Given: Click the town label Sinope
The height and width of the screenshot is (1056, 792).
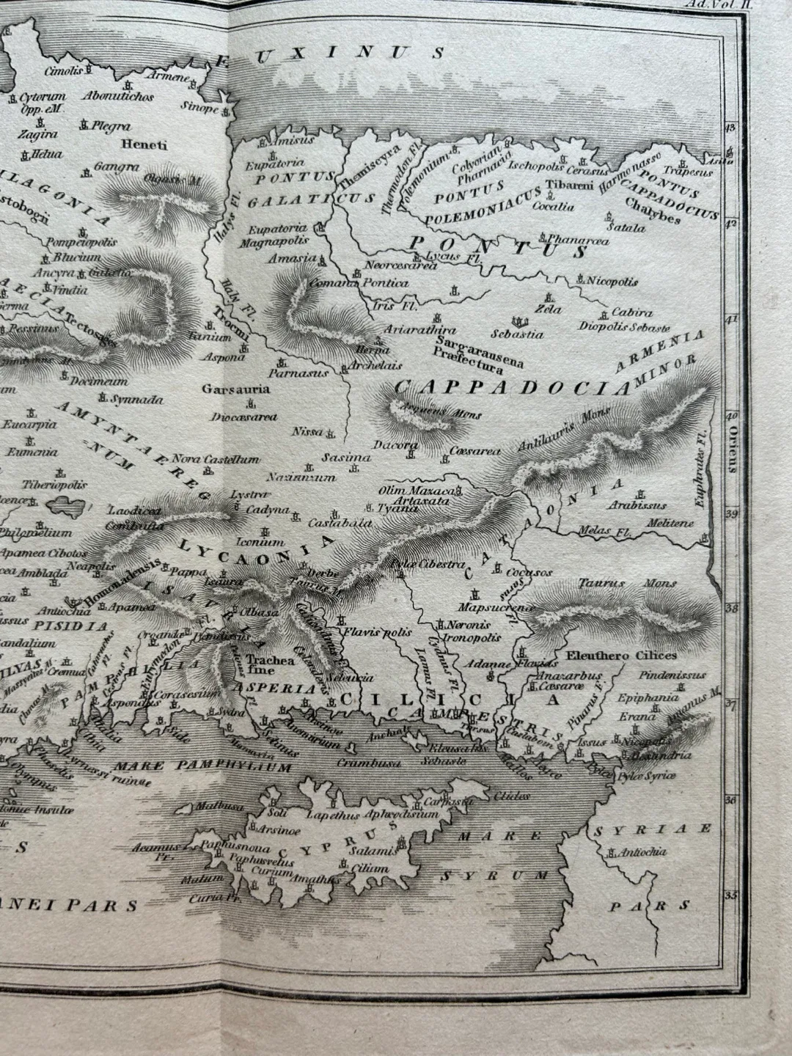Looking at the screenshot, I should (199, 109).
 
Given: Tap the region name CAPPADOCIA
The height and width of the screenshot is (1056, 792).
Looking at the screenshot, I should (511, 387).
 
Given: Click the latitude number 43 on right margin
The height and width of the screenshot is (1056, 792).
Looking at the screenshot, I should (730, 128).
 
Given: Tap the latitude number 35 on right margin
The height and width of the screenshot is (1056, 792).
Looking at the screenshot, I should (730, 895).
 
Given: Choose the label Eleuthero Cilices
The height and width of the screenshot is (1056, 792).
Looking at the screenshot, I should (621, 655).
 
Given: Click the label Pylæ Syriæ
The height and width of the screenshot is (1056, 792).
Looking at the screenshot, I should (648, 775).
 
